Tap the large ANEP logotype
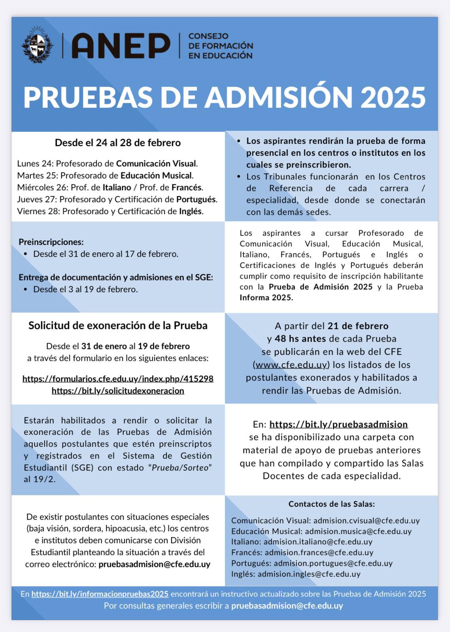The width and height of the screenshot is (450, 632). [x=121, y=46]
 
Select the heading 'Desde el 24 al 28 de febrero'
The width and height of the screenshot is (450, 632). [x=118, y=143]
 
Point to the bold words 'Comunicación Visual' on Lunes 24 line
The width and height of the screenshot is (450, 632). [x=156, y=164]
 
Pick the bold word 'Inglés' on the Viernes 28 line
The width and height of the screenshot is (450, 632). [x=191, y=211]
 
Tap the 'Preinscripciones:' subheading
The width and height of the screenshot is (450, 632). [x=51, y=242]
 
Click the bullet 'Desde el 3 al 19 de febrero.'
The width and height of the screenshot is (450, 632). [x=85, y=289]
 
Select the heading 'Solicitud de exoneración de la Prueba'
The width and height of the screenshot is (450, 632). [x=118, y=325]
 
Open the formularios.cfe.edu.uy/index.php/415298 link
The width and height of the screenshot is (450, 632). [x=118, y=379]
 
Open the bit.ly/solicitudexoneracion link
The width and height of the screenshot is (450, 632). [x=118, y=391]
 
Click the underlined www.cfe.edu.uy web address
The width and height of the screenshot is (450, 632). [x=291, y=365]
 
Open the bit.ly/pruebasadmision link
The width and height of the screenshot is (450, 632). [x=338, y=424]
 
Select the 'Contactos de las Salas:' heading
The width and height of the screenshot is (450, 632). [x=331, y=504]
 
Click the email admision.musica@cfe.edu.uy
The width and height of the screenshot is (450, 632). [x=358, y=531]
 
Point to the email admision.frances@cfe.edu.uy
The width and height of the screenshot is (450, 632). [x=319, y=553]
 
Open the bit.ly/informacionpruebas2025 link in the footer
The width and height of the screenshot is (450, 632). [x=100, y=594]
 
